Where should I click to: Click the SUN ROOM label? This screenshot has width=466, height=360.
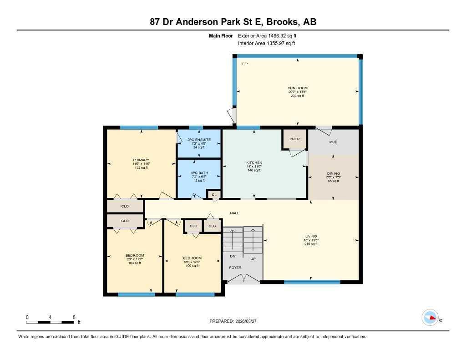point(298,88)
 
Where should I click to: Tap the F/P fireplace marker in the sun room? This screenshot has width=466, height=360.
point(245,64)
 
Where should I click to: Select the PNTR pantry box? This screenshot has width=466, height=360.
point(294,139)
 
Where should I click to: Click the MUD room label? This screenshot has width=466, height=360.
point(333,142)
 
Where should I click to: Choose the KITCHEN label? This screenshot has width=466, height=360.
point(254,162)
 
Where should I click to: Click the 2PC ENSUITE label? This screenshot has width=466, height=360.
point(198,139)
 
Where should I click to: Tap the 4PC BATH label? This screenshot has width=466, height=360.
point(198,173)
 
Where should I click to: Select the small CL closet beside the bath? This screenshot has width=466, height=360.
point(214,194)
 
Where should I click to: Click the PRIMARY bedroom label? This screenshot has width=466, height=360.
point(141,160)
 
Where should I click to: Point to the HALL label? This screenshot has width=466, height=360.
point(234,213)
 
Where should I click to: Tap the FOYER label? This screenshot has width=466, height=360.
point(235,268)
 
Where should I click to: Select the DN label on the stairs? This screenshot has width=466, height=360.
point(232,257)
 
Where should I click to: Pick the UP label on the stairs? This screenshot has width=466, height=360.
point(253,259)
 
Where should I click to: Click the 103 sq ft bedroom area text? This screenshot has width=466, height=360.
point(135,263)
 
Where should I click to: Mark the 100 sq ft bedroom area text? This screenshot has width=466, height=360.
point(192,266)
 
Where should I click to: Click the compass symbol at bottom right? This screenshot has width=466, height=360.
point(430,318)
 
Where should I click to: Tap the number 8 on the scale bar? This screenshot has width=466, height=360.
point(74,317)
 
